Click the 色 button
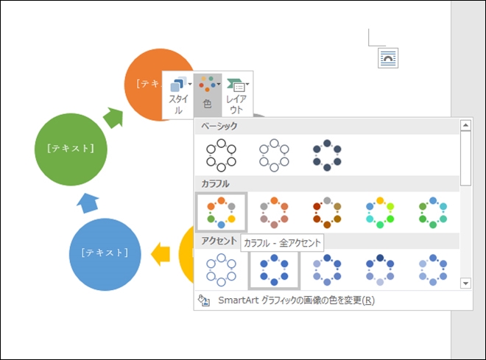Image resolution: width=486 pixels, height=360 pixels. [207, 94]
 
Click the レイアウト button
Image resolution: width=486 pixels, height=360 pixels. [236, 94]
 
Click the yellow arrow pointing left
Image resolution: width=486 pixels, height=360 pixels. [160, 255]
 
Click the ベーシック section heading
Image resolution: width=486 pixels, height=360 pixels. [219, 127]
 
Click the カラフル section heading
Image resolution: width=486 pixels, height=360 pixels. [215, 183]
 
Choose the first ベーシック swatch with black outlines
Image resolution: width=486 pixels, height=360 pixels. [221, 155]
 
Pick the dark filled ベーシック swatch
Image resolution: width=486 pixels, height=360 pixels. [327, 155]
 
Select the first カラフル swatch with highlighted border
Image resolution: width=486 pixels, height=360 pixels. [221, 211]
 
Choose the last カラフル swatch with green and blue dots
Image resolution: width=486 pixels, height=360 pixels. [433, 211]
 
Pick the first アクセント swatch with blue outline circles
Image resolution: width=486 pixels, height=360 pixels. [221, 269]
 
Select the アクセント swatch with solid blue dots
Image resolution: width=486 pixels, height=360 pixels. [274, 269]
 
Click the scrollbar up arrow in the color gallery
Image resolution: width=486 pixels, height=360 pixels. [465, 125]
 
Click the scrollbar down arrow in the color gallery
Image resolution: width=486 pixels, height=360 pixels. [465, 283]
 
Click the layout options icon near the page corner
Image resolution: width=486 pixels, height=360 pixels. [388, 57]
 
